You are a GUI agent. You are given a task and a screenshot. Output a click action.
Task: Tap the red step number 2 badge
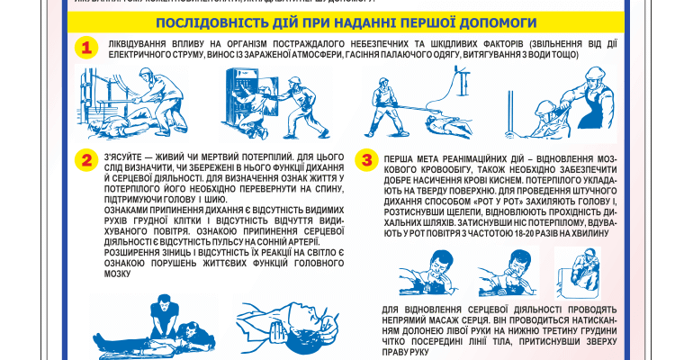coord(87,160)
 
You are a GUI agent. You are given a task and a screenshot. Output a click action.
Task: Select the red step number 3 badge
coord(366,160)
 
